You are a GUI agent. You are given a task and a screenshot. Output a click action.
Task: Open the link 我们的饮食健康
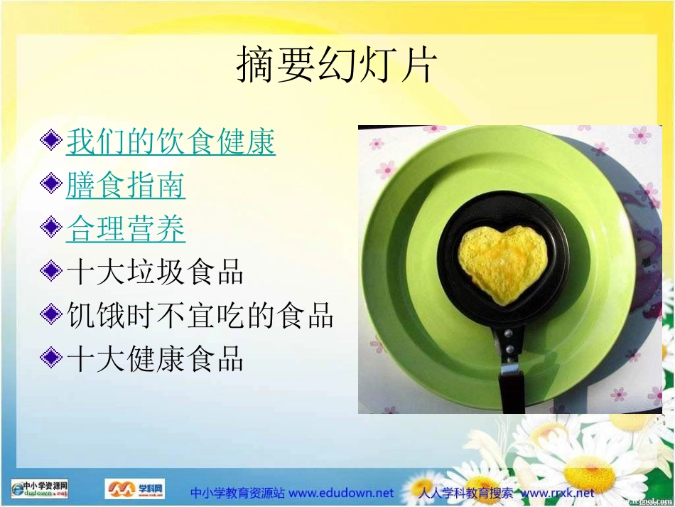171,142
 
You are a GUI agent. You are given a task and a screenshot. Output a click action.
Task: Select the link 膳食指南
126,186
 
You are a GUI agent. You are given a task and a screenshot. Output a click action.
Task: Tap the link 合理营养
126,229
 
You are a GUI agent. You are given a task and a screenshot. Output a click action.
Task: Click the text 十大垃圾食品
155,272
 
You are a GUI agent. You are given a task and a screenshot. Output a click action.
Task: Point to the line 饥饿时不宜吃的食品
200,316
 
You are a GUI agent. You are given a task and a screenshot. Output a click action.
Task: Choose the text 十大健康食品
155,359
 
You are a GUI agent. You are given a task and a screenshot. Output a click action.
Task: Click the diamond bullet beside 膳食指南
51,186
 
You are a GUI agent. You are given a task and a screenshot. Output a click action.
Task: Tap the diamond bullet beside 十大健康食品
51,359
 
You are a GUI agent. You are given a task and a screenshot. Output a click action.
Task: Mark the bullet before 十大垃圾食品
51,272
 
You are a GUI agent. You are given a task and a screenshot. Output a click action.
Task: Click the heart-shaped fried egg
502,264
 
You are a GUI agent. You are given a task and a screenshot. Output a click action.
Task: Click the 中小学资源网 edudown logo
40,489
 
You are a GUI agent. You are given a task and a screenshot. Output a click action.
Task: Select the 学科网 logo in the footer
134,489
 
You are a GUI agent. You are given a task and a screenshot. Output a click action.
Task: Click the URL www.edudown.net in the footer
341,493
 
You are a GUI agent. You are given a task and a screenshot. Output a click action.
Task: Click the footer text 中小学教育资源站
238,493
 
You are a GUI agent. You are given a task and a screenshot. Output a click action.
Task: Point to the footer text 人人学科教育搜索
465,493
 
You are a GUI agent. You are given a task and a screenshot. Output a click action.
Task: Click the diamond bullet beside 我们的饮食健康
51,142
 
